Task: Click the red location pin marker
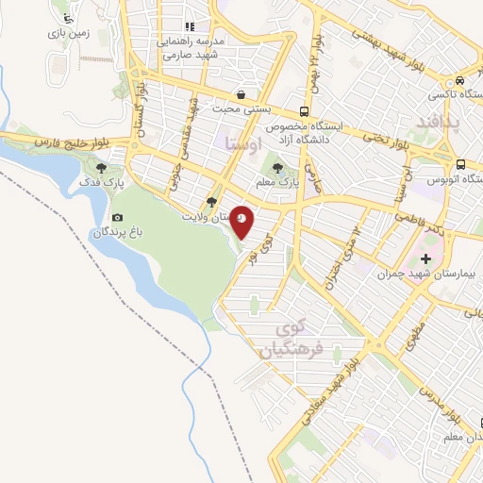[x=242, y=222]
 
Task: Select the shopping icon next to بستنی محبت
[x=243, y=94]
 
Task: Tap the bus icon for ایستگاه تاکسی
[x=459, y=81]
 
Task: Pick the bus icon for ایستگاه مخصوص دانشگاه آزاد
[x=304, y=108]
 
